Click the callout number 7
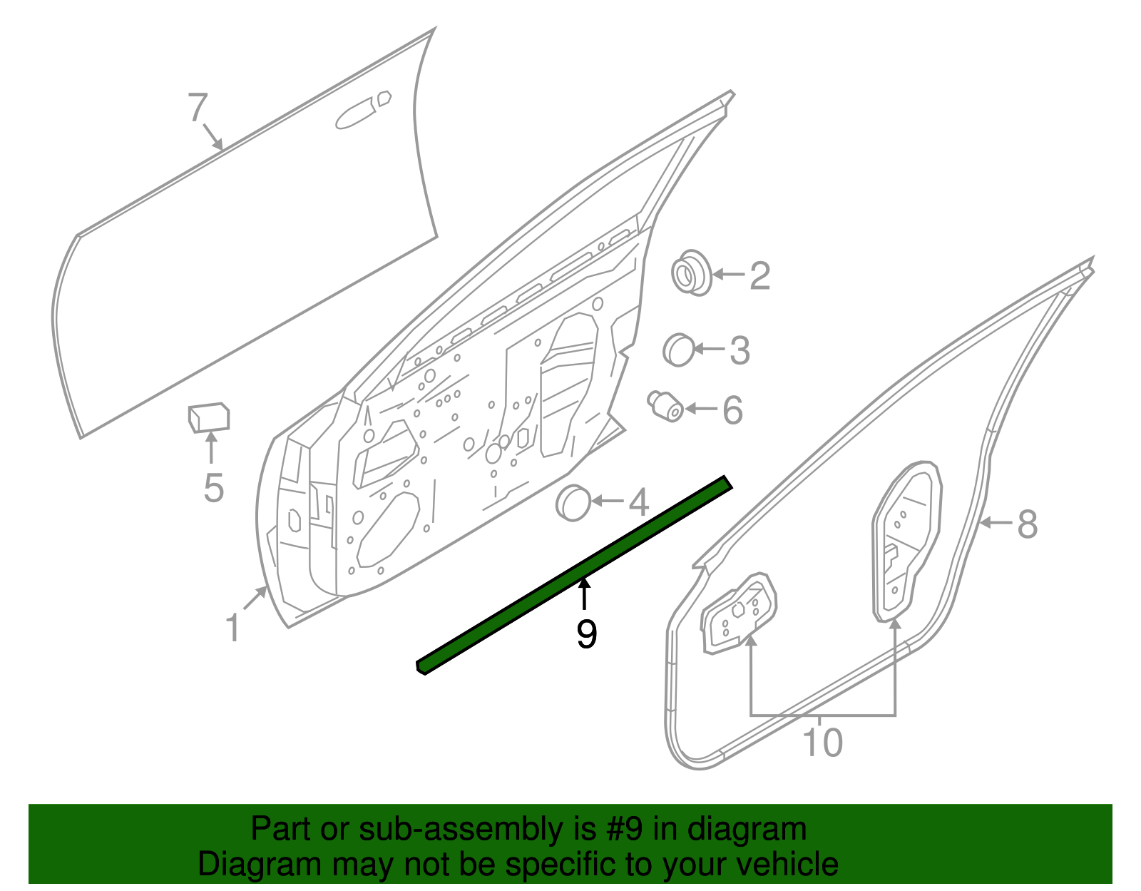[198, 108]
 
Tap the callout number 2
[759, 276]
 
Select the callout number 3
[740, 351]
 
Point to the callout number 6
[732, 411]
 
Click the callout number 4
[638, 503]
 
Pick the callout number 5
[213, 489]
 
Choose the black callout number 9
[586, 634]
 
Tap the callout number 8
[1027, 524]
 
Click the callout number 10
[823, 743]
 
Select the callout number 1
[232, 628]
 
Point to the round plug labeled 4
[573, 502]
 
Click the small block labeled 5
[208, 417]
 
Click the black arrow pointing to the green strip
[585, 595]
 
